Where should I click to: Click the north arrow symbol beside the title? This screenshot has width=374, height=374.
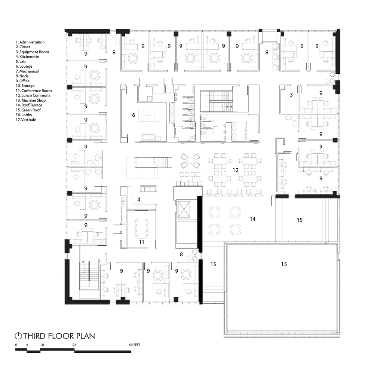(x=18, y=336)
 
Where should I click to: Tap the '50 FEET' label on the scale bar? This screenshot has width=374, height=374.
(x=134, y=344)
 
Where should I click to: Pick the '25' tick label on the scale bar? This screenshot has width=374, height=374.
(x=74, y=344)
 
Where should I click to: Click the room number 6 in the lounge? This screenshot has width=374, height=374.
(x=134, y=116)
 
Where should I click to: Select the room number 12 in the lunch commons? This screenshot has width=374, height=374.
(x=236, y=170)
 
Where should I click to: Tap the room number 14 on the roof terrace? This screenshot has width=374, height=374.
(x=253, y=219)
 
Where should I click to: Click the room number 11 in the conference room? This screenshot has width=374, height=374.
(x=142, y=242)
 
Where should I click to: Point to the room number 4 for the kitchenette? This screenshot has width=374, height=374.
(x=139, y=200)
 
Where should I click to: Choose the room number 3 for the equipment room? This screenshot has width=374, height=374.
(x=291, y=95)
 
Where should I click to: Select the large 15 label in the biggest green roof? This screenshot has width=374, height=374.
(x=284, y=264)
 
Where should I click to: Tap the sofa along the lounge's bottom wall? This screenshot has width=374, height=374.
(x=148, y=138)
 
